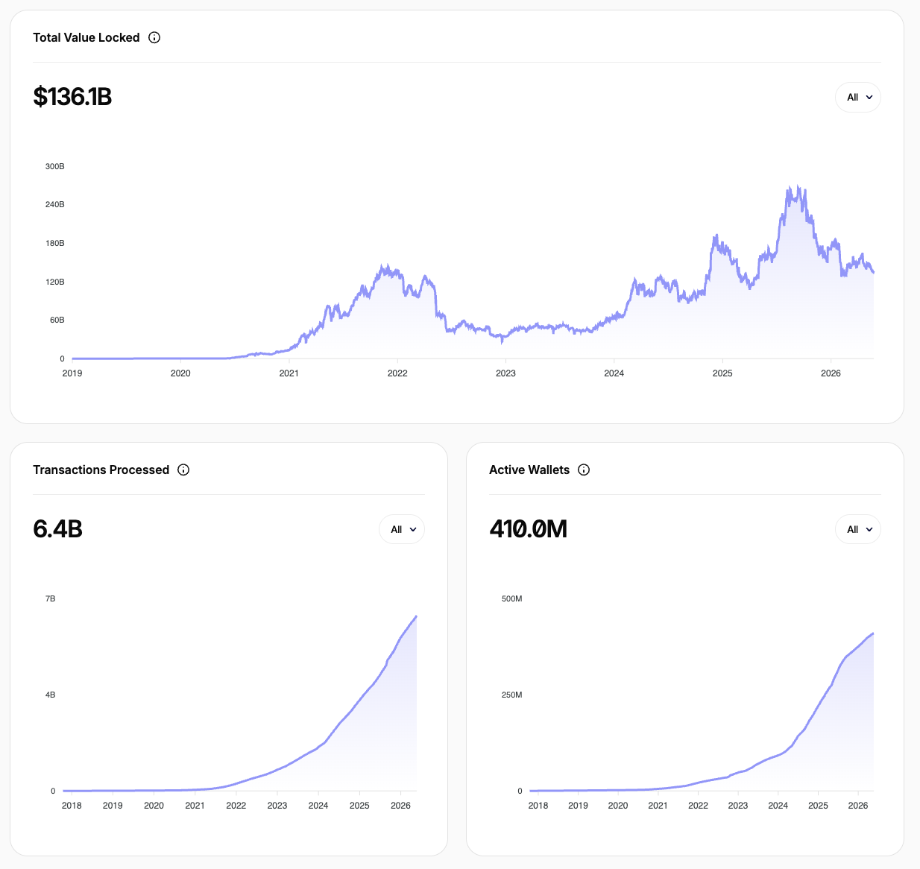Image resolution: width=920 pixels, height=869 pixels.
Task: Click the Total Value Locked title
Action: [x=86, y=37]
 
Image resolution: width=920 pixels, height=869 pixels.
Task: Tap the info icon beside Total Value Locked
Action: [x=154, y=37]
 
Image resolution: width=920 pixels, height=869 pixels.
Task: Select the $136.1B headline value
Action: [x=72, y=96]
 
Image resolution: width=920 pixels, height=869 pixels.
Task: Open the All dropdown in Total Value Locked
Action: [x=858, y=98]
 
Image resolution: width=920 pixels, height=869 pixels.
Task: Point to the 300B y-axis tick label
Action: [x=54, y=166]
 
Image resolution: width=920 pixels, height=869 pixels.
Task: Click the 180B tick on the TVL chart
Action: [x=54, y=243]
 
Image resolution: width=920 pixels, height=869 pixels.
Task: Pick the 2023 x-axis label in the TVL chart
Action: [x=505, y=373]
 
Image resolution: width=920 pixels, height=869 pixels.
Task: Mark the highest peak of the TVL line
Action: [x=798, y=186]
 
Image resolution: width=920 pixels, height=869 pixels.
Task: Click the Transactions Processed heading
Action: [x=101, y=470]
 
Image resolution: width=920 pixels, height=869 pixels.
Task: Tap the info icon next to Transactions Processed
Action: [x=183, y=470]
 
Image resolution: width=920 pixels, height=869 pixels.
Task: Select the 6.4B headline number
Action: [x=58, y=529]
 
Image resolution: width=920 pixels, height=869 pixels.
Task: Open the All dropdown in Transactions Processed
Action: [x=402, y=529]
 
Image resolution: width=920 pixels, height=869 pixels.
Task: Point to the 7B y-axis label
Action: [x=51, y=598]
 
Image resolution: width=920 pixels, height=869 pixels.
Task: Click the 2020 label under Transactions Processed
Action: [x=154, y=806]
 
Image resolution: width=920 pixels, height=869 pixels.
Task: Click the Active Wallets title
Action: [x=529, y=470]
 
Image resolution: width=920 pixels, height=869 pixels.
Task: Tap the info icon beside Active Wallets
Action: [x=584, y=470]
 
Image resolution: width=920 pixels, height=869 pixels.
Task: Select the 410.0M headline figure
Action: [x=529, y=529]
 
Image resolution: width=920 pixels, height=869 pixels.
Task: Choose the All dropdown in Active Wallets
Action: [x=858, y=529]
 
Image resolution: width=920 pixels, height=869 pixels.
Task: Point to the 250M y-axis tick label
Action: [x=512, y=695]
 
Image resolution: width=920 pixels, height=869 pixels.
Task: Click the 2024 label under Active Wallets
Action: [x=778, y=806]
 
